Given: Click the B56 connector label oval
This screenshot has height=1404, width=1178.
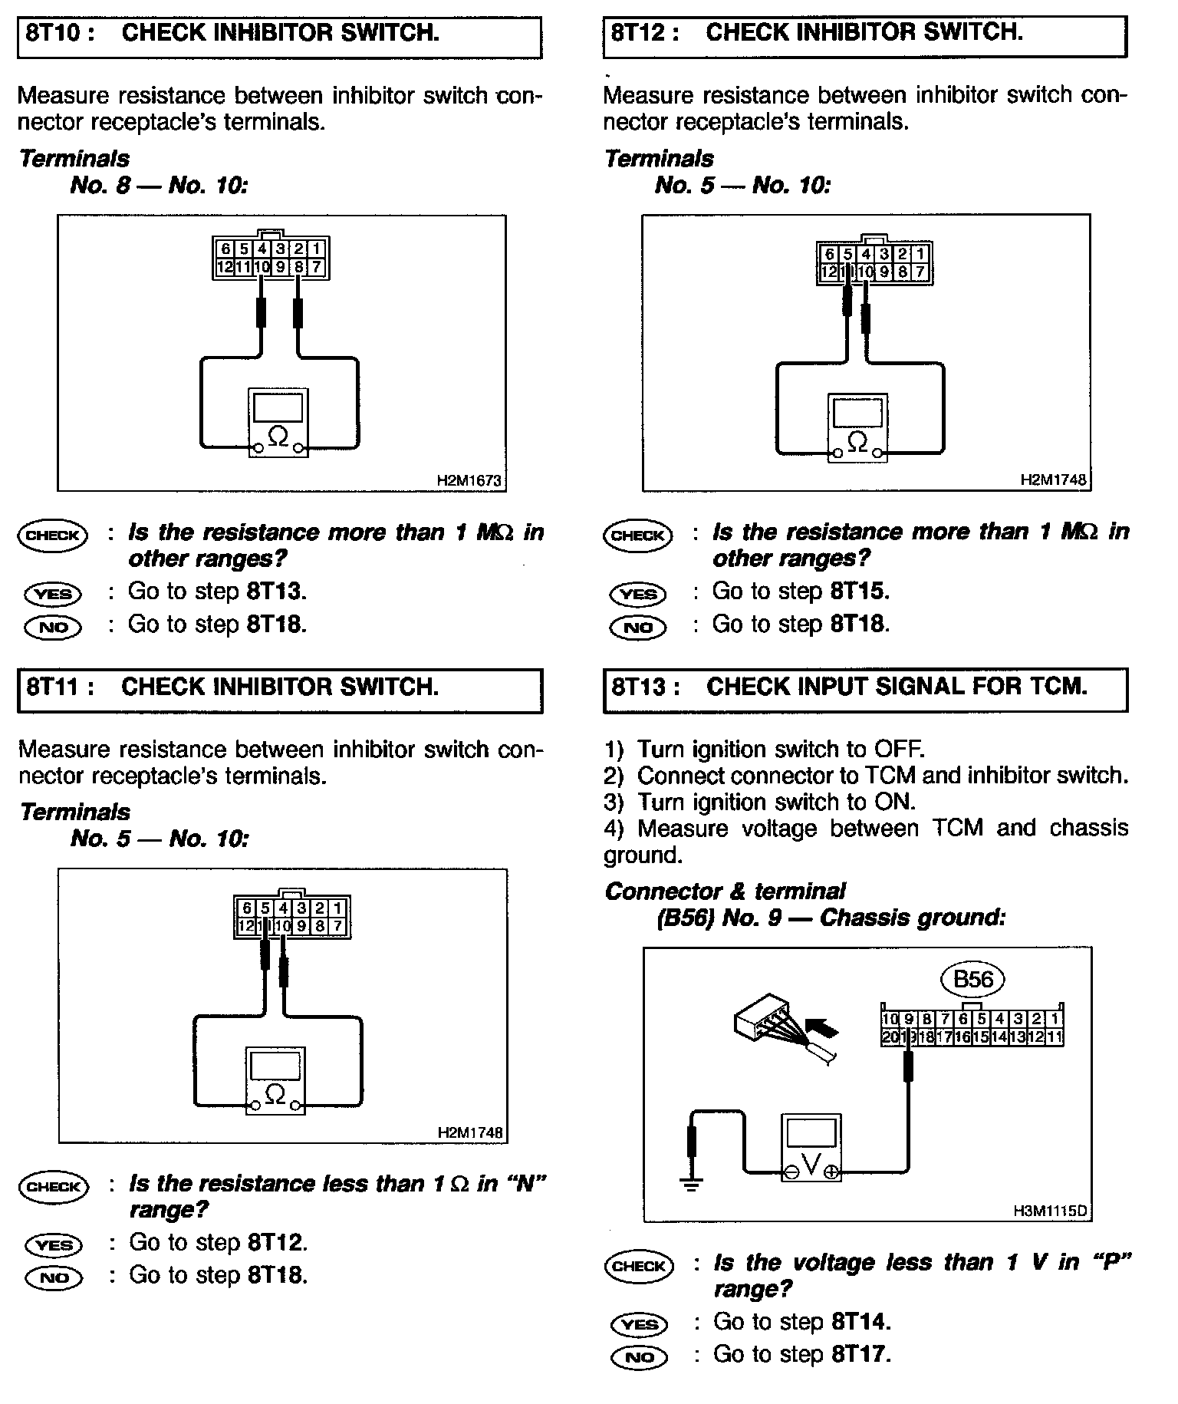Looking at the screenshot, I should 972,979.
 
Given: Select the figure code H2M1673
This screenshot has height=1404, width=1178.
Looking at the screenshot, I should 469,481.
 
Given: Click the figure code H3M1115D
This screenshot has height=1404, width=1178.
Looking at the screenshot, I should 1050,1211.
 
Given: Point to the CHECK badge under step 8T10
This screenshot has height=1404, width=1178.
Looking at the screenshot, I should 52,536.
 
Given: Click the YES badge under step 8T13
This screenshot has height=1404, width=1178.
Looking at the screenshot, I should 639,1324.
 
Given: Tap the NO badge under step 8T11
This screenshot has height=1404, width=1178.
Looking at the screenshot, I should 54,1277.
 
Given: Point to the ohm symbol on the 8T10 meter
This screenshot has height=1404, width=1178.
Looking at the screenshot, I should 278,438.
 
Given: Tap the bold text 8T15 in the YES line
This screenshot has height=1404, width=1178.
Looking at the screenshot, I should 858,592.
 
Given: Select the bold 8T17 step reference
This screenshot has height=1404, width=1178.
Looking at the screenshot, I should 860,1354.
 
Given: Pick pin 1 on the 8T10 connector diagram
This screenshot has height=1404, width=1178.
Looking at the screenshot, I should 318,249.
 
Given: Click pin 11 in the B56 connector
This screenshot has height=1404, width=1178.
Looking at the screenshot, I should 1055,1037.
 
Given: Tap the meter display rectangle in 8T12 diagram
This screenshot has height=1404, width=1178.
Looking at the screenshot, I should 857,414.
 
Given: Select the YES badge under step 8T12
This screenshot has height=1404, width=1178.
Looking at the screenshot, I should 638,594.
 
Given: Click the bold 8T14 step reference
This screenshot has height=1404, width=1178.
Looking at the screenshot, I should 860,1322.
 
